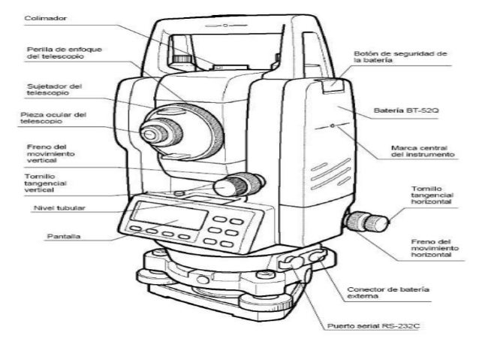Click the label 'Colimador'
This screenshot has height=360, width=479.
46,18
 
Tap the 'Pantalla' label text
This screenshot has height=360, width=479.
64,237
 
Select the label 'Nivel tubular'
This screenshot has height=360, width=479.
59,208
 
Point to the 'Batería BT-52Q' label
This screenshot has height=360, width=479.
406,110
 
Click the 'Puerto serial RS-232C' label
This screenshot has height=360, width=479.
373,326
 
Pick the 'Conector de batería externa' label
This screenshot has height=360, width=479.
388,292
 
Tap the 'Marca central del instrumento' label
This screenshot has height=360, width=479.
423,151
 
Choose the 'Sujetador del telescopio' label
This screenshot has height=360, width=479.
54,89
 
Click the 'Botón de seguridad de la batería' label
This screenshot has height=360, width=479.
400,57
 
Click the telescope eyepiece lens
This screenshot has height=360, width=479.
150,134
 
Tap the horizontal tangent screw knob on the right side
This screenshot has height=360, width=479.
367,222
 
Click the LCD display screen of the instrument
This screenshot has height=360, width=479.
169,216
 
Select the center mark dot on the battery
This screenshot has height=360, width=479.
333,126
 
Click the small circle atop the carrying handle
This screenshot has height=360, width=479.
225,25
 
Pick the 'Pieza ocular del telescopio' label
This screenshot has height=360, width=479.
53,118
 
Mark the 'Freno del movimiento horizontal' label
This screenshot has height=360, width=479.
435,248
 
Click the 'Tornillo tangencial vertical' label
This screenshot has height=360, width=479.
46,183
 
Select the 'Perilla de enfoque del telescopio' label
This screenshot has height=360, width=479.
64,53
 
